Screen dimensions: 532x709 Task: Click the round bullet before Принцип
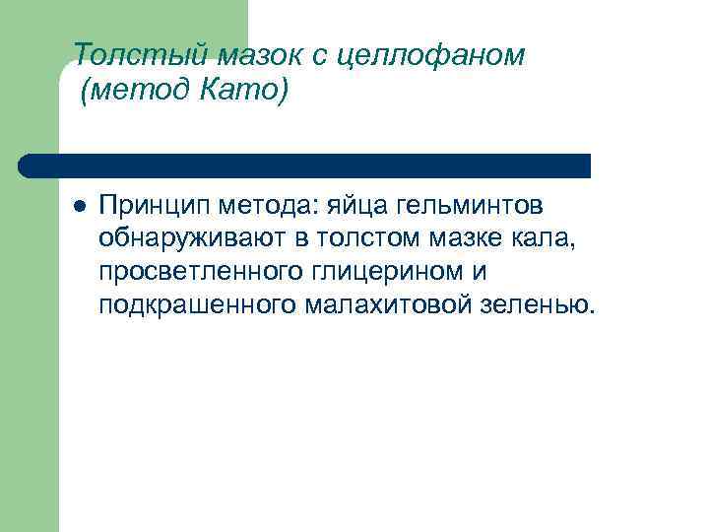(x=78, y=207)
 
